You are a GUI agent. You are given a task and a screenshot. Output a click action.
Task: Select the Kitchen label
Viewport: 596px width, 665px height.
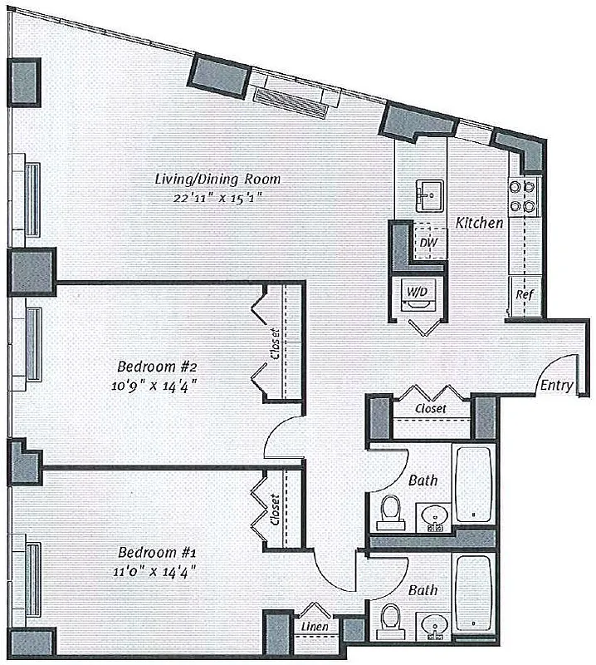[x=480, y=223]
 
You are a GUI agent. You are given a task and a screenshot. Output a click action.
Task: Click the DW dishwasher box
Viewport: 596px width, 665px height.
[x=428, y=243]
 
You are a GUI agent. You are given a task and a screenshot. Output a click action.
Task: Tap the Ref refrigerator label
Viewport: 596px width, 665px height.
[x=524, y=295]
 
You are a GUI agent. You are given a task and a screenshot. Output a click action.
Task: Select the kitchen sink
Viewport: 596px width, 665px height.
[x=429, y=197]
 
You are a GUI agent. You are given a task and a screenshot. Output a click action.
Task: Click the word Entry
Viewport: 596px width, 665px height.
[x=555, y=387]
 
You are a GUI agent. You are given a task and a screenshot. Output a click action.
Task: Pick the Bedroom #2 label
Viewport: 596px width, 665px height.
[x=157, y=366]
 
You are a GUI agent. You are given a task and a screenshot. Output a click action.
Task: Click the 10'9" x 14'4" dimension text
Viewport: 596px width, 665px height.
[x=157, y=384]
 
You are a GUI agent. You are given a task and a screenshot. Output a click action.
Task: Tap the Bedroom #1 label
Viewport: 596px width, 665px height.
[x=157, y=552]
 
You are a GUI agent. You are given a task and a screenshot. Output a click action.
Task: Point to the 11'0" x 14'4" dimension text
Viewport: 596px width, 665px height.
[x=157, y=570]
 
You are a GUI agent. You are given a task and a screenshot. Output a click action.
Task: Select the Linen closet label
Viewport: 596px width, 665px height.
[x=312, y=625]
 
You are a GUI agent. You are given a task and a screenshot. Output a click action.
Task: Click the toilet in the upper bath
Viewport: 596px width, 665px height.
[x=389, y=512]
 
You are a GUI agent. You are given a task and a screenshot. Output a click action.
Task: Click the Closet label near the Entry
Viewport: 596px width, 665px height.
[x=430, y=409]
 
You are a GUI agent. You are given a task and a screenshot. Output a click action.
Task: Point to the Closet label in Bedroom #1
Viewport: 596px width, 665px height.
[x=275, y=509]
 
